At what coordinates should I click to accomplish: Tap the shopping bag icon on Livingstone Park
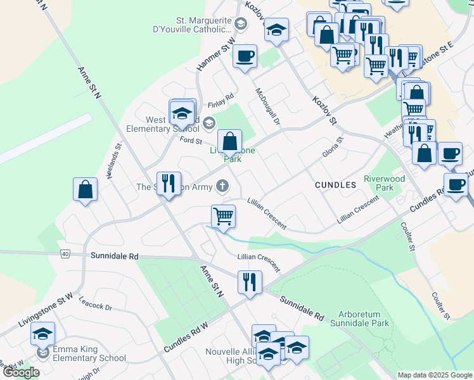[x=230, y=141]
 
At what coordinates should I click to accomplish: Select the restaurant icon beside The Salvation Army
[x=169, y=184]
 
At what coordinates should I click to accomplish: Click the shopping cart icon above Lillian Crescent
[x=223, y=217]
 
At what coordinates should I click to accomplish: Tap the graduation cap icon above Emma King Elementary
[x=43, y=334]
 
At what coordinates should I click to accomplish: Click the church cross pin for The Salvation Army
[x=221, y=186]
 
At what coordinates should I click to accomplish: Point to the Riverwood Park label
[x=384, y=183]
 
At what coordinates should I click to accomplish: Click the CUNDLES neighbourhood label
[x=335, y=185]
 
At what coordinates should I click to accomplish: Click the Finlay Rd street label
[x=221, y=104]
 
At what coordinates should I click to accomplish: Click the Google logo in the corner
[x=22, y=372]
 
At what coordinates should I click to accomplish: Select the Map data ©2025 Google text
[x=434, y=375]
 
